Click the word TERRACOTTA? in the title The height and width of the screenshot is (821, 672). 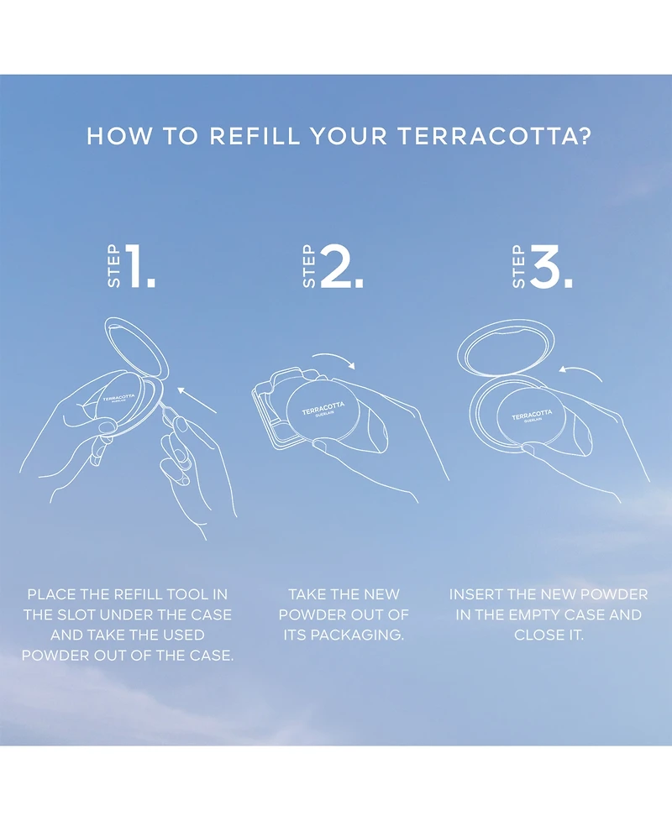(494, 136)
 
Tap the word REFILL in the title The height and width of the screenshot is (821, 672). (255, 136)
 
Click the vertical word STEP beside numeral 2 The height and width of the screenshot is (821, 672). (309, 266)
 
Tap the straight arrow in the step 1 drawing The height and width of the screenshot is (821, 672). (197, 400)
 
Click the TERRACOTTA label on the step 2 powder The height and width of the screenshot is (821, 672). (323, 408)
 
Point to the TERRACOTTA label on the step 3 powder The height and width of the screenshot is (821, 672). (532, 416)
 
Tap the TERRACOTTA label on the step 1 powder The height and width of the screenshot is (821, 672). (118, 398)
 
